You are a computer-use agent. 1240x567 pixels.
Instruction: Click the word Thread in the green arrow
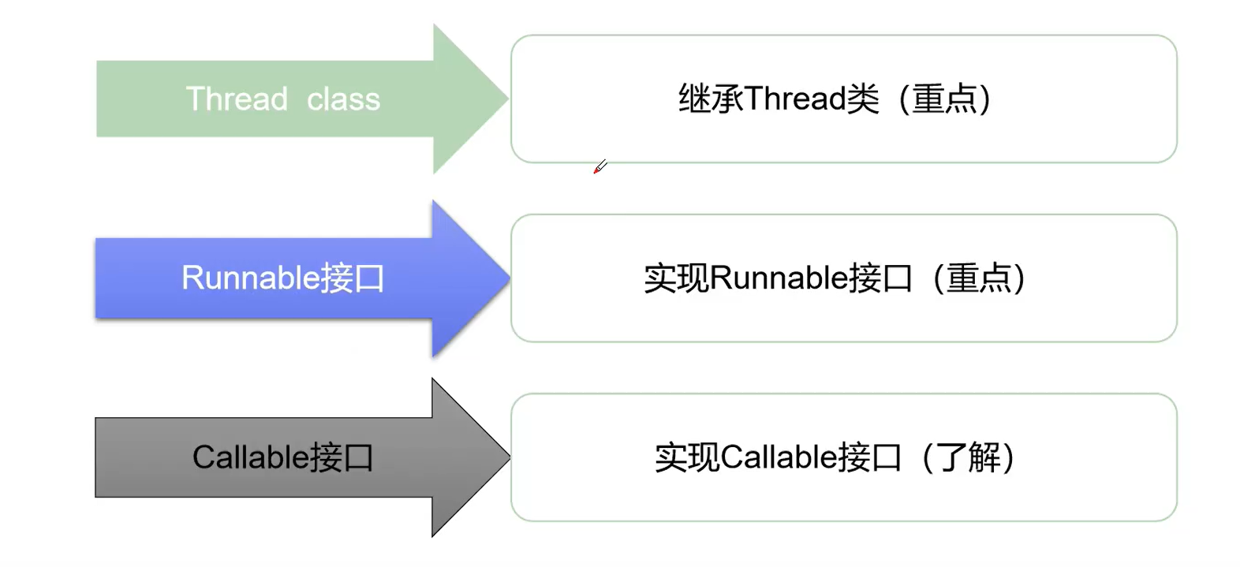tap(237, 99)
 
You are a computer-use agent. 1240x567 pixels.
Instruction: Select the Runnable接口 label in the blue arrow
tap(282, 278)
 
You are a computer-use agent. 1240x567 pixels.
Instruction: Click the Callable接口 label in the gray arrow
tap(282, 457)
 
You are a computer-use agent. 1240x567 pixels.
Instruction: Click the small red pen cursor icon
tap(600, 166)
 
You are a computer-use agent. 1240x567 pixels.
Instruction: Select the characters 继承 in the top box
tap(711, 99)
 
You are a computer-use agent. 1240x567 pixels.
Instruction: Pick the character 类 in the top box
tap(862, 99)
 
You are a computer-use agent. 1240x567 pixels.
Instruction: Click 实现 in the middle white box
tap(676, 278)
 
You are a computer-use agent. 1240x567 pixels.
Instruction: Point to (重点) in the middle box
tap(978, 278)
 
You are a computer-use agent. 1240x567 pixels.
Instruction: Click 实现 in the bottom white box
tap(687, 457)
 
